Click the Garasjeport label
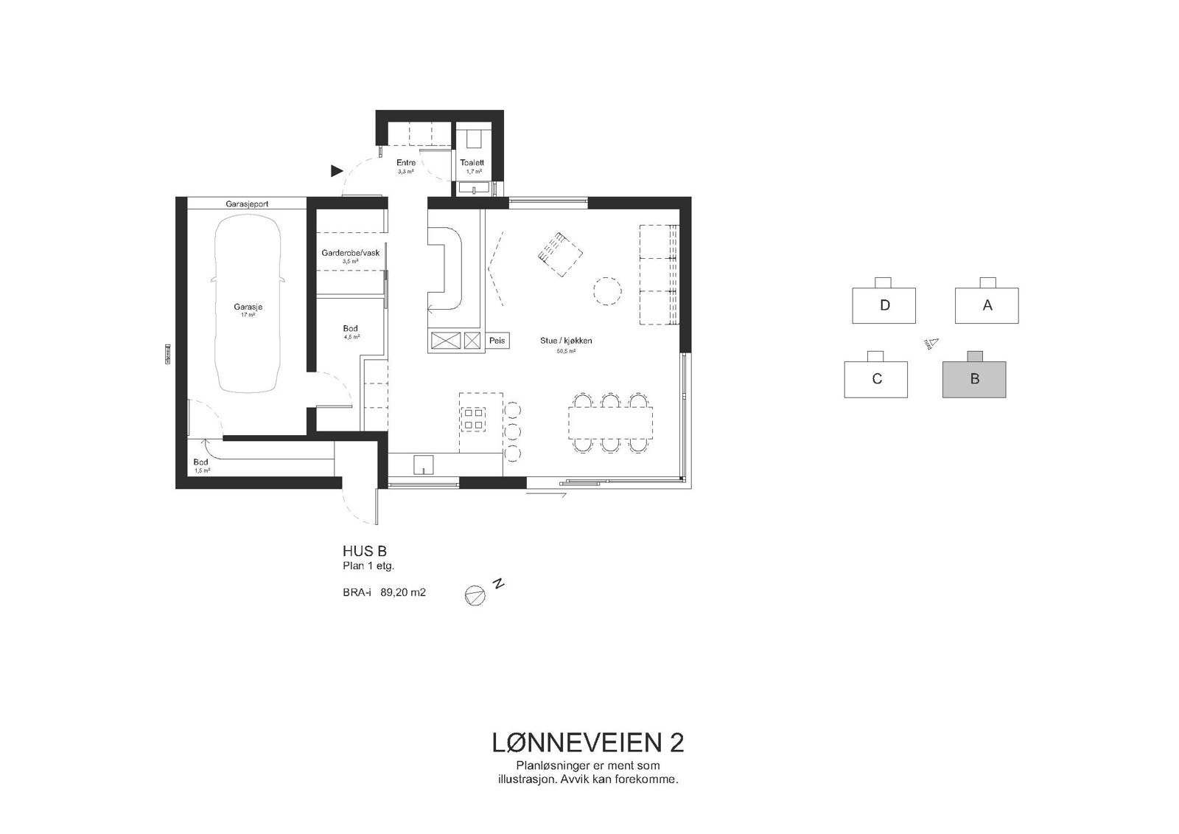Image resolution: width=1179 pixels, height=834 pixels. click(246, 203)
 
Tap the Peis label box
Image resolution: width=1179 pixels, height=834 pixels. click(497, 341)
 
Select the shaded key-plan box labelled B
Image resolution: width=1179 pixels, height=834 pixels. click(974, 379)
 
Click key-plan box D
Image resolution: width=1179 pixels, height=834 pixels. click(884, 305)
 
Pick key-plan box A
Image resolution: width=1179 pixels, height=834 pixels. click(987, 305)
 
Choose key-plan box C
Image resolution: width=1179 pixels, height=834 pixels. click(876, 379)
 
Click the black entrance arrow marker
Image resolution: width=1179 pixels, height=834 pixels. click(337, 171)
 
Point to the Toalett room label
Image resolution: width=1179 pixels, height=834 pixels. click(472, 163)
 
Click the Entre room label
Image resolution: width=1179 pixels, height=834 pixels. click(406, 163)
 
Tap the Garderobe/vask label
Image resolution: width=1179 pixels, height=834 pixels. click(350, 253)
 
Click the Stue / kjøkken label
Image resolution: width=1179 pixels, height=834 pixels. click(566, 341)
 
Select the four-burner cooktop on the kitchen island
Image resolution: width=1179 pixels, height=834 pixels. click(474, 419)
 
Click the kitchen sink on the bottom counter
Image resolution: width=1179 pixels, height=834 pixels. click(424, 465)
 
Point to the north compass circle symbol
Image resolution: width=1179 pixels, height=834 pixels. click(475, 594)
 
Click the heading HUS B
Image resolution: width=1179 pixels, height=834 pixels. click(364, 551)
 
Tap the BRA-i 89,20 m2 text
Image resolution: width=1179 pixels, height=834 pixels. click(384, 591)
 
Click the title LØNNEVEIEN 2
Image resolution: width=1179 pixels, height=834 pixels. click(587, 743)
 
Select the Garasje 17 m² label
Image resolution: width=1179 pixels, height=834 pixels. click(248, 310)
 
